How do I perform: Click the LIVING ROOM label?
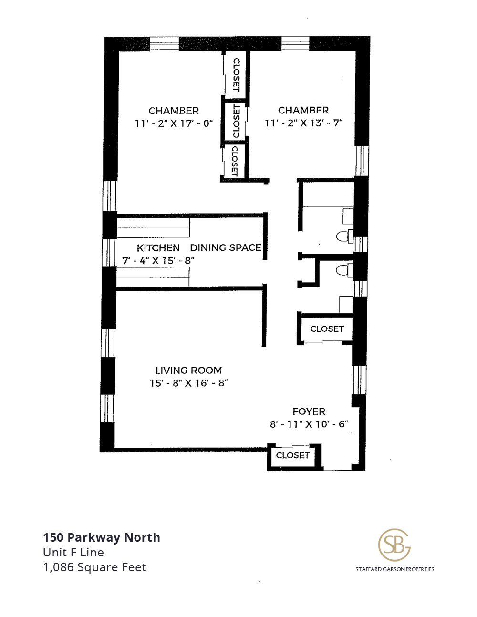tap(188, 370)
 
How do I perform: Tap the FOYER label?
tap(309, 411)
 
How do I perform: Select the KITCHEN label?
tap(158, 248)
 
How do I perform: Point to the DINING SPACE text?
tap(226, 247)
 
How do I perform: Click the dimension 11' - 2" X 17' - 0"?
tap(174, 123)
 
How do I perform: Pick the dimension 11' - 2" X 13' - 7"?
tap(303, 123)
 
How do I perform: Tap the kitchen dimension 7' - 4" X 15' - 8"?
tap(158, 260)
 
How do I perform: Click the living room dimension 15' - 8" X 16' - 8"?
tap(189, 383)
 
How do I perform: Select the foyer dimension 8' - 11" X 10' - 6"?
tap(309, 424)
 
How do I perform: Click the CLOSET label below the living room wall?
tap(292, 455)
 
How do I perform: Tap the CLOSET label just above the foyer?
tap(327, 329)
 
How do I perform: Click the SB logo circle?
tap(394, 545)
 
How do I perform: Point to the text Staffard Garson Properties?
tap(394, 569)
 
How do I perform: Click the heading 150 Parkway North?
tap(102, 537)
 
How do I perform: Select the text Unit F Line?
tap(73, 553)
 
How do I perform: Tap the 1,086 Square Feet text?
tap(94, 567)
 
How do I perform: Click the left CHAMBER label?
tap(174, 111)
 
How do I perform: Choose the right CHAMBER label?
tap(303, 110)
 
